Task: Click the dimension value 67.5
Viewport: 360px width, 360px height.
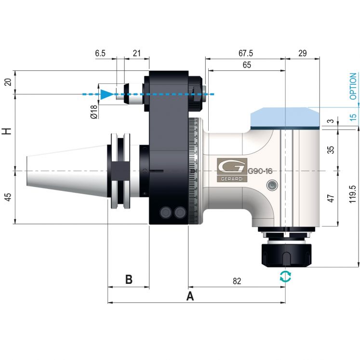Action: point(245,53)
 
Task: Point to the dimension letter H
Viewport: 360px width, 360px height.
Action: point(6,132)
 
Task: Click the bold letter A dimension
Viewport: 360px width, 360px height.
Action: point(190,296)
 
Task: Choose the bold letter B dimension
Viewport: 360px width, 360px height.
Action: point(129,280)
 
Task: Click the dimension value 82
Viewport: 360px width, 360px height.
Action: point(236,280)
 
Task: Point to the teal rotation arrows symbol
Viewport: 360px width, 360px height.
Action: point(286,277)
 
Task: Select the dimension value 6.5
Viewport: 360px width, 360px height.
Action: point(100,53)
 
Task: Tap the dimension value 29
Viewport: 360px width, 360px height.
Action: point(303,53)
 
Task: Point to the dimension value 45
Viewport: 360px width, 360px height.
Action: point(6,197)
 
